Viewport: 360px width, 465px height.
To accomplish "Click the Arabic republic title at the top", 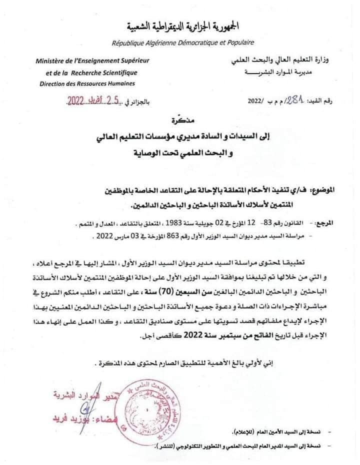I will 180,25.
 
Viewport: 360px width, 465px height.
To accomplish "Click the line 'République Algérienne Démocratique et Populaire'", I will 183,43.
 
